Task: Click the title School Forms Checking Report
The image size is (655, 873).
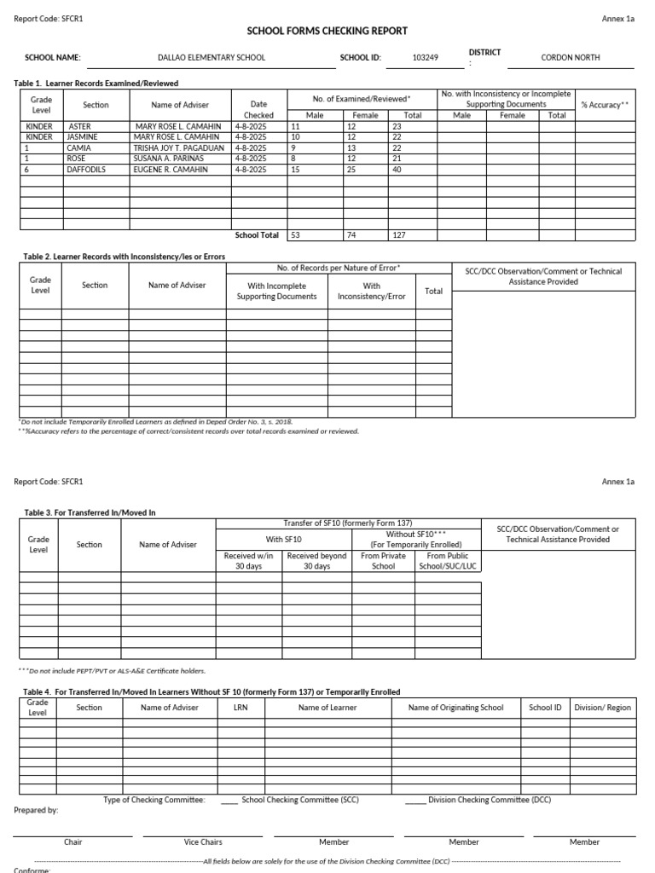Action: click(x=327, y=31)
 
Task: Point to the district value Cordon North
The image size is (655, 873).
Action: click(x=571, y=58)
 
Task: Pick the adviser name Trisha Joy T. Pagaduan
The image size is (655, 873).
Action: click(x=178, y=147)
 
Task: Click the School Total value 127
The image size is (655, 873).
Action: click(x=399, y=234)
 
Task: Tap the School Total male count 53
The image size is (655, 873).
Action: click(x=296, y=234)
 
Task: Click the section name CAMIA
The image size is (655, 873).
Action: click(x=78, y=147)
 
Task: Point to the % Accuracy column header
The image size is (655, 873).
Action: click(x=605, y=105)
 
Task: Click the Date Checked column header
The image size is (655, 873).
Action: click(x=258, y=109)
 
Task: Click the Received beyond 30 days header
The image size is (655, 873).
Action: click(x=316, y=561)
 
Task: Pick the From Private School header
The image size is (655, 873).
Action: click(x=383, y=561)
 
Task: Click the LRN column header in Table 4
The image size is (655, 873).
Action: click(x=240, y=708)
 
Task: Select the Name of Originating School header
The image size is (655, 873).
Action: click(x=455, y=708)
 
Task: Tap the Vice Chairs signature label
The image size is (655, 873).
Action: click(x=203, y=842)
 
